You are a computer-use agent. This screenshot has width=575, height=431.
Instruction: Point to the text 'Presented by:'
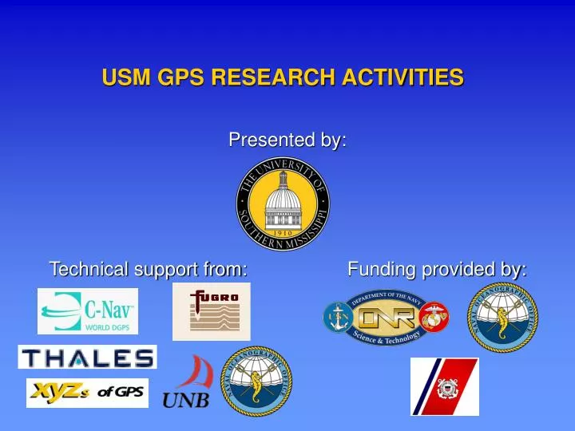(287, 140)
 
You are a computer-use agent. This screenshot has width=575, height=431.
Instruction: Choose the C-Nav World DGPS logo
(88, 310)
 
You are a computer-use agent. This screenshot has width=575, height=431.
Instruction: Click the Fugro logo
(211, 311)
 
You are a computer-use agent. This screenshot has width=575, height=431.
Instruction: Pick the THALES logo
(87, 357)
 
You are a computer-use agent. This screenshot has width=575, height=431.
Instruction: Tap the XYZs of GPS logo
(87, 393)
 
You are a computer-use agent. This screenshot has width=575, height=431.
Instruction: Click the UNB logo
(188, 385)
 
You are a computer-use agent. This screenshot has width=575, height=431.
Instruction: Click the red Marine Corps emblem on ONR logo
(434, 317)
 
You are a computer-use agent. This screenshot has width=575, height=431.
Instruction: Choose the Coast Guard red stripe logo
(445, 386)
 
